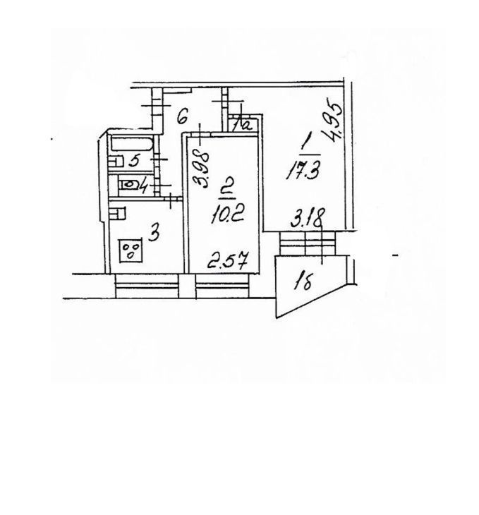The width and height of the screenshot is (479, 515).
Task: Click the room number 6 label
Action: pyautogui.click(x=182, y=117)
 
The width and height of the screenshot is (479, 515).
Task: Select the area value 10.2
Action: pyautogui.click(x=227, y=215)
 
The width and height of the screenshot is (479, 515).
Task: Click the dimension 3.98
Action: pyautogui.click(x=201, y=169)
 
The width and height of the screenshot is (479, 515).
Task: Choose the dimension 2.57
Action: pyautogui.click(x=228, y=260)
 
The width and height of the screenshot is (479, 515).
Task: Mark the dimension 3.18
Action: pyautogui.click(x=308, y=217)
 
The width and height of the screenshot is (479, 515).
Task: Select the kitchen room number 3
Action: pyautogui.click(x=154, y=234)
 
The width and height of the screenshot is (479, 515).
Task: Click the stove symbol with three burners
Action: pyautogui.click(x=131, y=250)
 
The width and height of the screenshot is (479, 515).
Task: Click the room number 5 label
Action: pyautogui.click(x=134, y=162)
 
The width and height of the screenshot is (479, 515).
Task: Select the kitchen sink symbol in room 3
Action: pyautogui.click(x=118, y=214)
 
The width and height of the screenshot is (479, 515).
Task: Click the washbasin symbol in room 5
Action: pyautogui.click(x=116, y=162)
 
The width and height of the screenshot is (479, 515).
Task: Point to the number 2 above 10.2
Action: pyautogui.click(x=226, y=190)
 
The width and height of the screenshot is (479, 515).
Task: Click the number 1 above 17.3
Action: pyautogui.click(x=305, y=145)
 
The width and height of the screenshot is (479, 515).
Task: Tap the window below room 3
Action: pyautogui.click(x=147, y=286)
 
